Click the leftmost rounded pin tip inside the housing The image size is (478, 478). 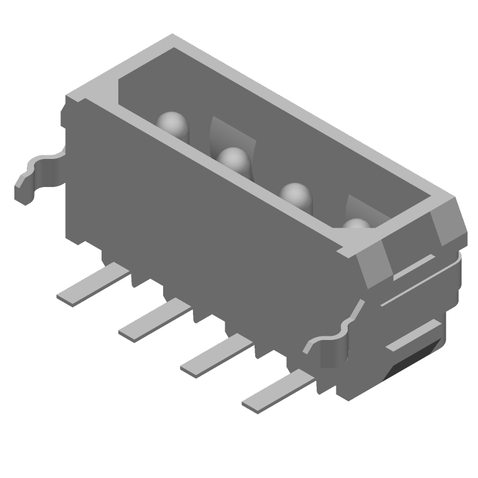[x=172, y=124]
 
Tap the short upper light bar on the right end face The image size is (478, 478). [x=413, y=267]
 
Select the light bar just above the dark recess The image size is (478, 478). [x=412, y=335]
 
